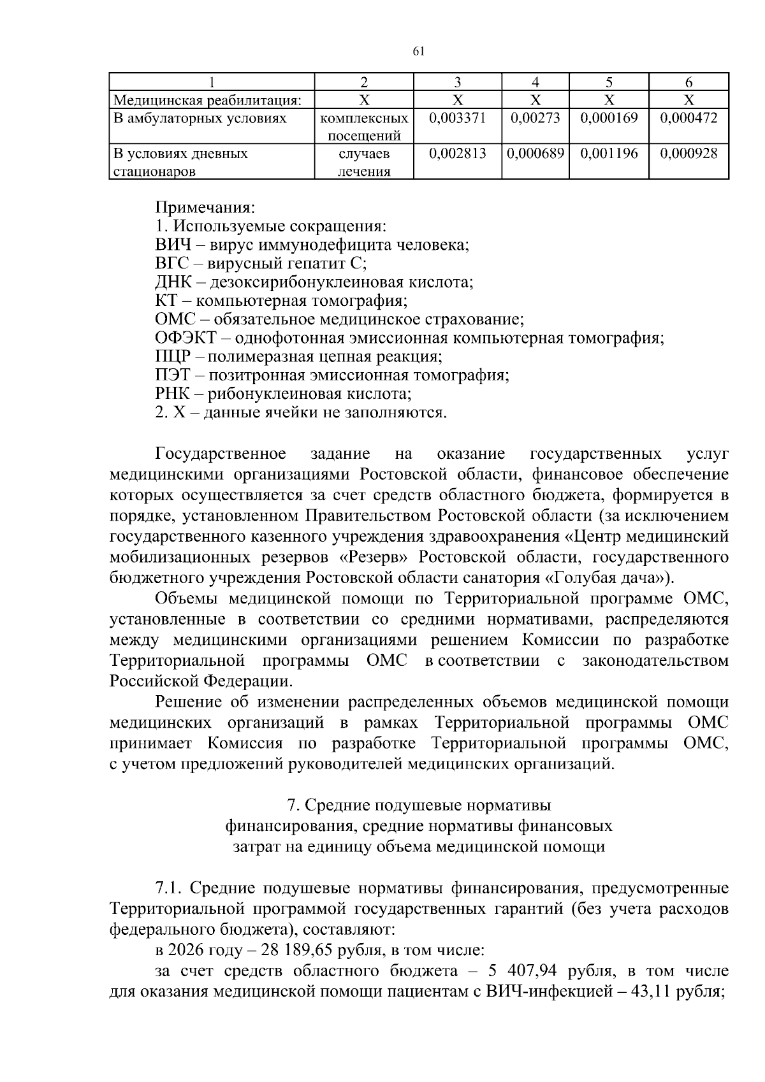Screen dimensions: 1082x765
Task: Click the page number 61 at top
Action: tap(419, 52)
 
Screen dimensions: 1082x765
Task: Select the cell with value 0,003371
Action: tap(457, 118)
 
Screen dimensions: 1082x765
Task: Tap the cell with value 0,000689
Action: tap(535, 154)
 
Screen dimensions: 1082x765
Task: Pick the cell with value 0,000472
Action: tap(688, 118)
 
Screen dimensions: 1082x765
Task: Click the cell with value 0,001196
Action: tap(609, 154)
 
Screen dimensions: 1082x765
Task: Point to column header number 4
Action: tap(535, 82)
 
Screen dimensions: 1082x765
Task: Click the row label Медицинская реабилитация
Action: tap(207, 100)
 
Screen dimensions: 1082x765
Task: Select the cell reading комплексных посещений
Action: tap(363, 126)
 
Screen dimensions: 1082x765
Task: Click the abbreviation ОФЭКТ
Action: tap(186, 338)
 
